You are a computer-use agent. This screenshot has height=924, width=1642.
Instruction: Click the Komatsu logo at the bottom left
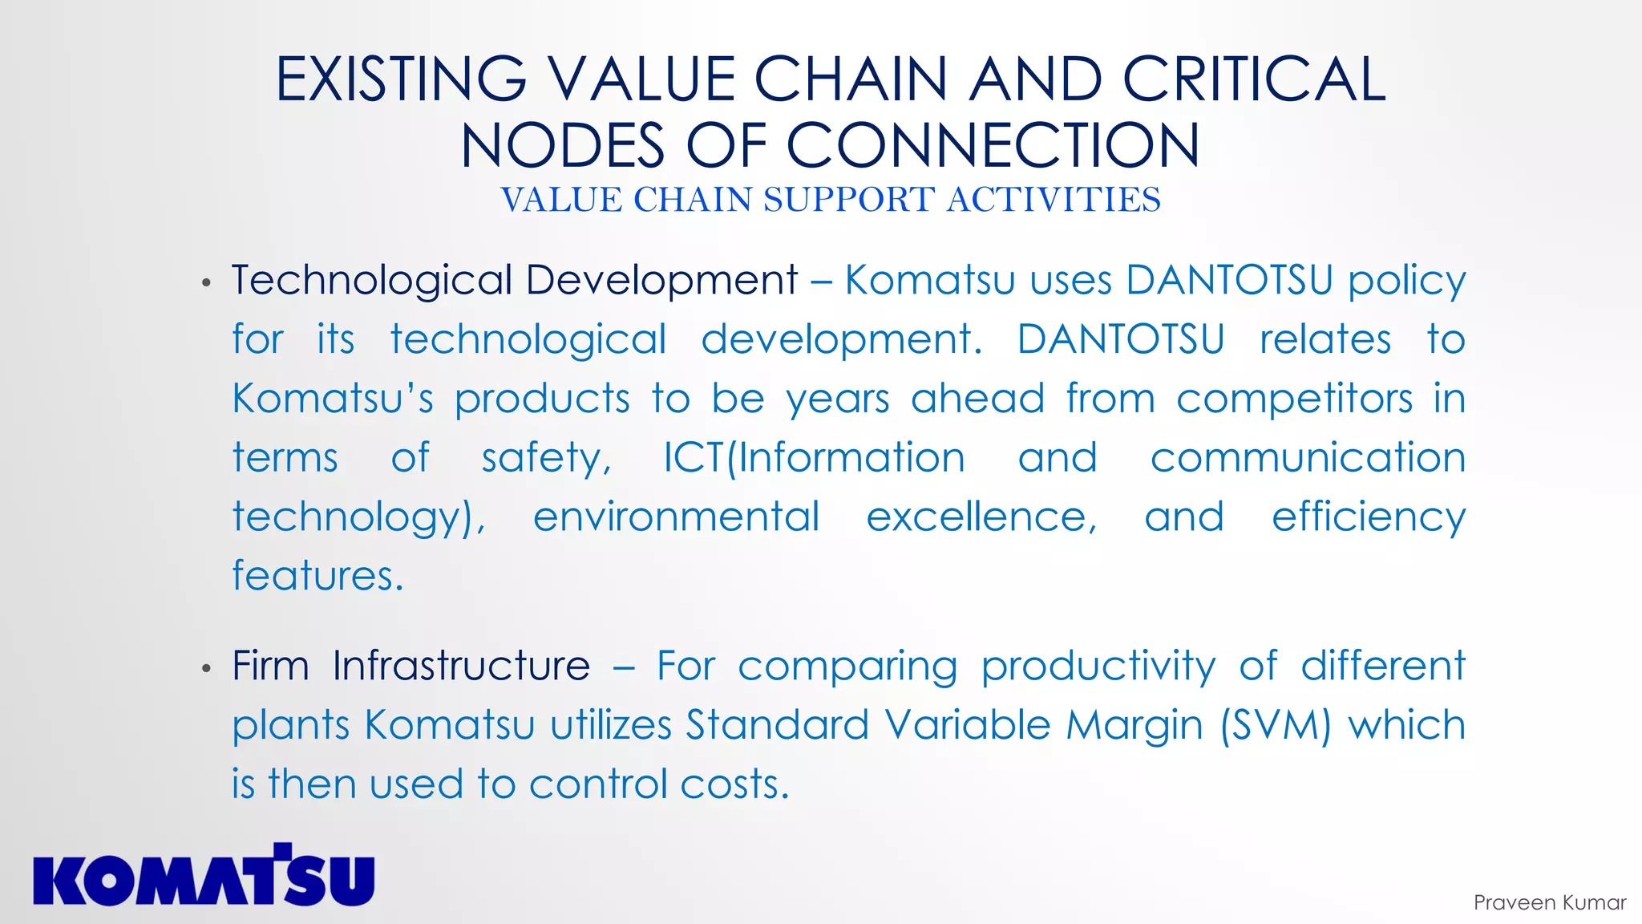coord(204,877)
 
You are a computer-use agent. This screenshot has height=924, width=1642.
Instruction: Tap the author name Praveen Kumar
coord(1549,903)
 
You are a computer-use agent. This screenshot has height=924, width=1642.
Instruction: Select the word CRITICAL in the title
coord(1254,79)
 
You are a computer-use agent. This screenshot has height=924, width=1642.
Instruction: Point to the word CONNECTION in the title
coord(993,146)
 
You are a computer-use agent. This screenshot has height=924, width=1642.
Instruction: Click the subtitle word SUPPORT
coord(849,200)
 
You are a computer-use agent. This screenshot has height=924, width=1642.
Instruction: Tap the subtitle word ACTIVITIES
coord(1054,200)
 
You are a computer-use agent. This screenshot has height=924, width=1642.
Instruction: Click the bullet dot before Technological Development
coord(207,282)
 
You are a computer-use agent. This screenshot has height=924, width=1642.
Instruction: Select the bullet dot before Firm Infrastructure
coord(207,668)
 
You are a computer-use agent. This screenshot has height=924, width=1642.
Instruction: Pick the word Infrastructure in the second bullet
coord(461,667)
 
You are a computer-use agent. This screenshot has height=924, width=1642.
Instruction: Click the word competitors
coord(1294,399)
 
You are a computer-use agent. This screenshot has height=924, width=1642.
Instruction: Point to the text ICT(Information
coord(814,459)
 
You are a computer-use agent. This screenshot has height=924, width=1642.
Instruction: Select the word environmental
coord(676,517)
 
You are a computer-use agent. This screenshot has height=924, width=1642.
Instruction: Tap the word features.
coord(317,576)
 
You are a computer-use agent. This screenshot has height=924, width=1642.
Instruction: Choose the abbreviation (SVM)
coord(1275,726)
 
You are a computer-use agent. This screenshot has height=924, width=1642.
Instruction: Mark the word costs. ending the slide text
coord(734,784)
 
